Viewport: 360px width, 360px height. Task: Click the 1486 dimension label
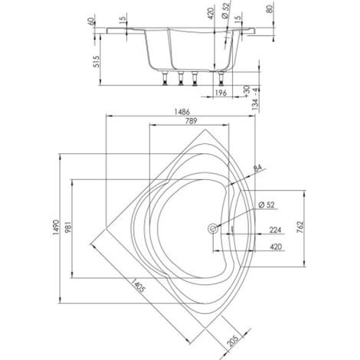coord(182,112)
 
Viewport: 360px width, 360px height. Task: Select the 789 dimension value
coord(191,120)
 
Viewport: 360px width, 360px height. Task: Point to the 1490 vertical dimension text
coord(56,227)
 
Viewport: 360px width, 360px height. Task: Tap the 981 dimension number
coord(68,227)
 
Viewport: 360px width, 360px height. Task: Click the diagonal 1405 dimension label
coord(138,285)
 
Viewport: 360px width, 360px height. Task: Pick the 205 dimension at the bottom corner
coord(233,340)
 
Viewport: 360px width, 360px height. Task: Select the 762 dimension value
coord(300,227)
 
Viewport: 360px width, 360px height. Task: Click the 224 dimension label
coord(275,230)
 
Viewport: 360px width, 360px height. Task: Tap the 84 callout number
coord(257,168)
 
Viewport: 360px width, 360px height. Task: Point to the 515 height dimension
coord(97,61)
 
